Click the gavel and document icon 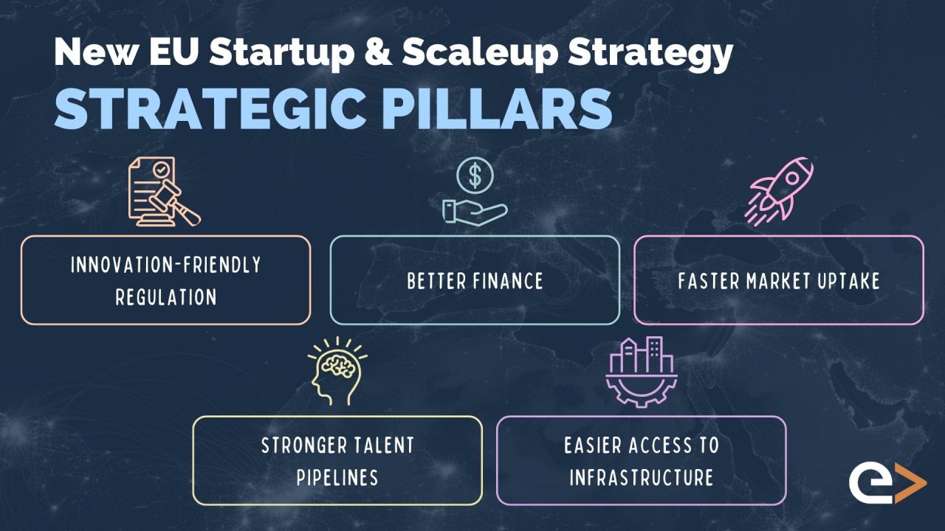click(x=164, y=192)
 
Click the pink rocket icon click(x=781, y=190)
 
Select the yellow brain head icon click(x=336, y=371)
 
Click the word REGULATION click(x=166, y=297)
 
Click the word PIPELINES click(x=337, y=477)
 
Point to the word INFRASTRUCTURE click(x=641, y=477)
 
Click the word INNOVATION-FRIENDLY click(x=166, y=265)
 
